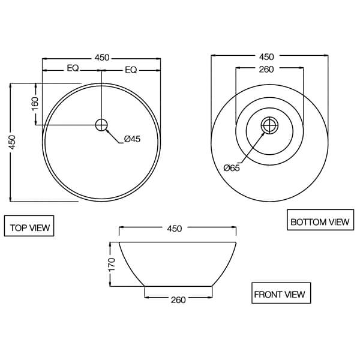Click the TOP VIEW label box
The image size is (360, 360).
coord(29,227)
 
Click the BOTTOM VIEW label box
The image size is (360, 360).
coord(319,221)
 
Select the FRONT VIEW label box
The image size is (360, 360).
coord(279,294)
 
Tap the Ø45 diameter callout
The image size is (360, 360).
coord(132,139)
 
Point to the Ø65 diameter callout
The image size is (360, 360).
coord(232,168)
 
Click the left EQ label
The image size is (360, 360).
coord(73,68)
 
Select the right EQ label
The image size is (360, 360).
coord(131,70)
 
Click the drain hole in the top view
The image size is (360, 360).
coord(101,124)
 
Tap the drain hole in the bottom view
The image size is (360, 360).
coord(270,125)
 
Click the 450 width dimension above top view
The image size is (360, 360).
coord(102,58)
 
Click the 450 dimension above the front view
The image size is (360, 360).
coord(174,229)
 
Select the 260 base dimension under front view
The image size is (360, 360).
coord(178,299)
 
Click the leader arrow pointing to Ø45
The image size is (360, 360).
coord(113,136)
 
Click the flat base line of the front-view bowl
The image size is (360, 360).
coord(178,286)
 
